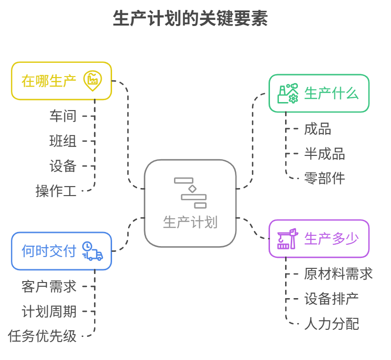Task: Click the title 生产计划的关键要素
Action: (190, 19)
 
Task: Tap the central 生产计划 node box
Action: (190, 203)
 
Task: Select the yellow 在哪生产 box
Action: (61, 81)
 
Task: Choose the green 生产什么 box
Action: (319, 93)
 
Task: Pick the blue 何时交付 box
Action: (61, 251)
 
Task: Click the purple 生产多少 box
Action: (319, 239)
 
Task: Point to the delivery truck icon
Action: (92, 251)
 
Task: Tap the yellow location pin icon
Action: (92, 80)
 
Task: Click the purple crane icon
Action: (287, 239)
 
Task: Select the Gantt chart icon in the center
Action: (190, 192)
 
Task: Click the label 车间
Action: (63, 116)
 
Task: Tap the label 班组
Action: (63, 141)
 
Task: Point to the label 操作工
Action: (56, 191)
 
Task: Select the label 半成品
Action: (324, 154)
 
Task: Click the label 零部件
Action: (324, 178)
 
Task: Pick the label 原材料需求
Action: (339, 274)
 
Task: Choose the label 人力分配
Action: (331, 324)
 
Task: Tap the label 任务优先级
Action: (43, 336)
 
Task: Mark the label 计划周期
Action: (49, 311)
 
